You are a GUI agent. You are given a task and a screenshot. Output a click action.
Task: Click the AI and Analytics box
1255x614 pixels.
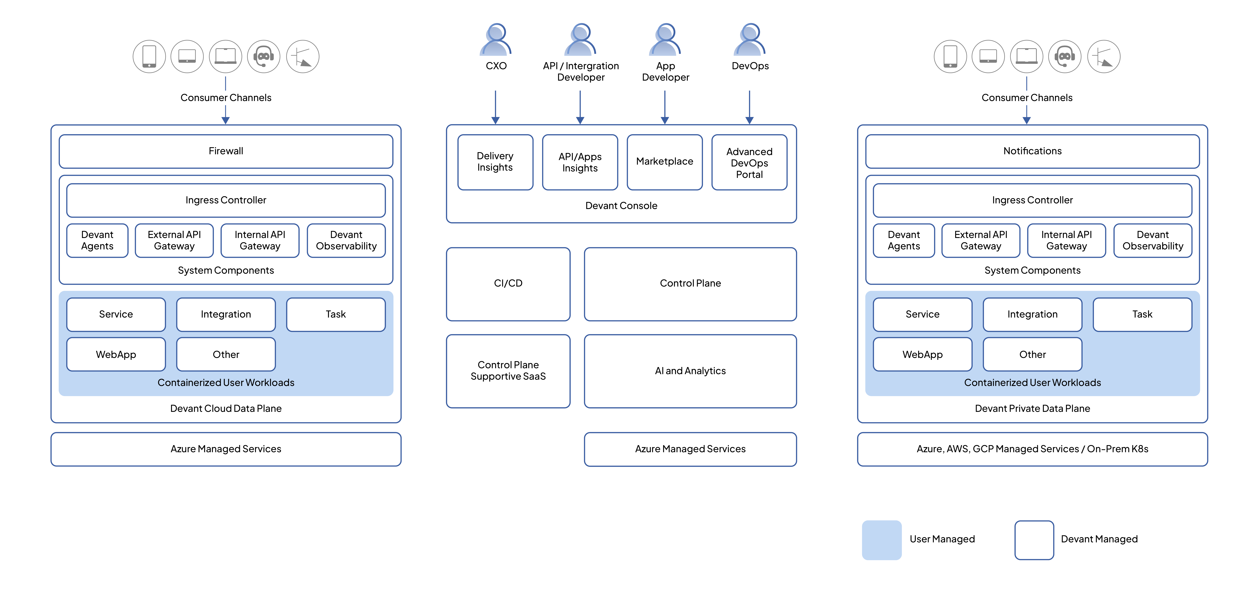690,371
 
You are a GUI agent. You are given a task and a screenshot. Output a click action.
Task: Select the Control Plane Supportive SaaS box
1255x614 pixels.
508,371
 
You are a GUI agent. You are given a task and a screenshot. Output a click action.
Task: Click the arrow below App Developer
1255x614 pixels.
665,107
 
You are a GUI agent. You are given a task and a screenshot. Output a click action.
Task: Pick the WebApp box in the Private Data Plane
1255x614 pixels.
922,354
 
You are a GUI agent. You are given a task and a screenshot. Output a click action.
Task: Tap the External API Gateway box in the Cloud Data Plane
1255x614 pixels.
174,240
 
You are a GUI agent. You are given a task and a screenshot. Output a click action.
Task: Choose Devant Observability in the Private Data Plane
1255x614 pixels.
1153,240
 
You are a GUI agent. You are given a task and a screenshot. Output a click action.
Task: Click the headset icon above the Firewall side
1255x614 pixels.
264,56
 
